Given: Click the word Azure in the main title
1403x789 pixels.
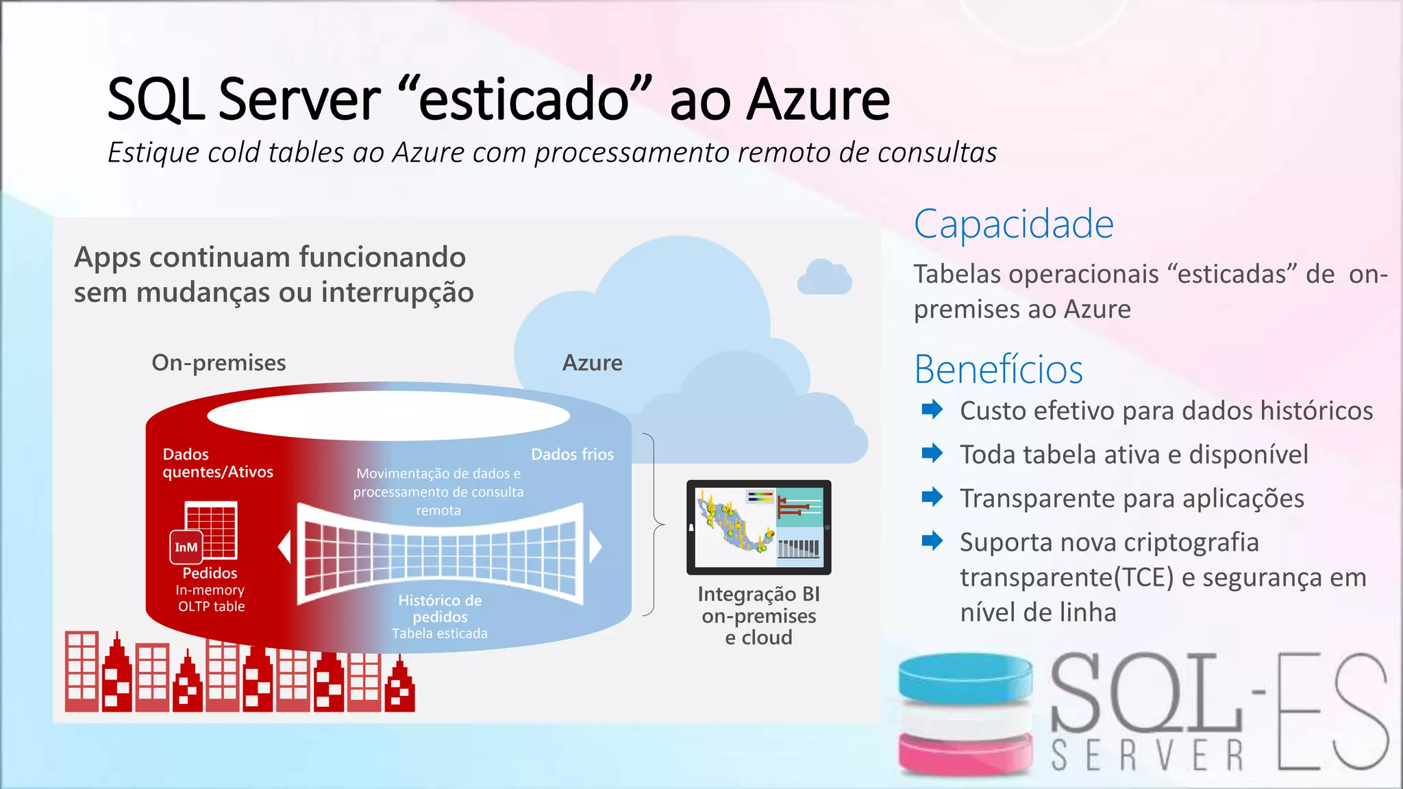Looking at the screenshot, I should tap(818, 100).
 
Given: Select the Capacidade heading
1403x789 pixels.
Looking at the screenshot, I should tap(1014, 224).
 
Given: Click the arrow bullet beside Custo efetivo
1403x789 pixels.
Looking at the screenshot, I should tap(932, 410).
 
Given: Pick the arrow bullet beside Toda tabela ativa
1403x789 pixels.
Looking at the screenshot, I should tap(932, 453).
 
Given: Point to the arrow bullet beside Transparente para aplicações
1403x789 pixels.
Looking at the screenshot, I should tap(932, 497).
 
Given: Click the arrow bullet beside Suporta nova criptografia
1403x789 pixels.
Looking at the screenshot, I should tap(932, 541).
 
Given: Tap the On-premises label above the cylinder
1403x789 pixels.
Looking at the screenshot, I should tap(219, 362).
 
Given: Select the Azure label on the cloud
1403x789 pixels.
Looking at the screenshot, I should tap(592, 362).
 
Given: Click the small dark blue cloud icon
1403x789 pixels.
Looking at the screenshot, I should tap(824, 277).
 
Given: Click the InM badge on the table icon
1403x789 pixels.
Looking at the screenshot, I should tap(186, 547).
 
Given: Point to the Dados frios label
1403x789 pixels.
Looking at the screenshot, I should tap(572, 454).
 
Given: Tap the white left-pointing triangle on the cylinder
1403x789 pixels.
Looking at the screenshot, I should tap(284, 547).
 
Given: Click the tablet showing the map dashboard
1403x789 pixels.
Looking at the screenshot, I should tap(758, 527).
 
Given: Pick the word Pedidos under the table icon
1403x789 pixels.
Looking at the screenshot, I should tap(210, 573).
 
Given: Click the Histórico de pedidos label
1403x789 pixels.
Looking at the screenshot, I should tap(440, 608).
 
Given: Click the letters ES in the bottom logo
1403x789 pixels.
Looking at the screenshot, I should tap(1332, 712).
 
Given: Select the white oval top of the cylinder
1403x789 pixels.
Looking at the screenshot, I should tap(388, 415).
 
